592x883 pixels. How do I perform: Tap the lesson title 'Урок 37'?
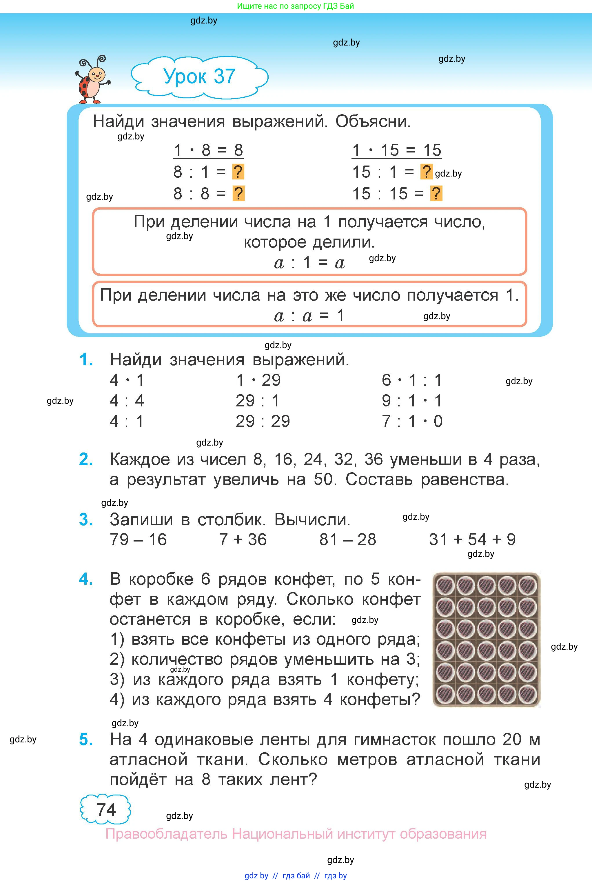click(199, 77)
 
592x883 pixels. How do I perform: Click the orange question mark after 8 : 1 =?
click(238, 172)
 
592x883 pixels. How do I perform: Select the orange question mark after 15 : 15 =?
click(436, 194)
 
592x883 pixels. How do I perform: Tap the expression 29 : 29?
click(263, 421)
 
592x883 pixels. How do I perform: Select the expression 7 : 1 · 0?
click(412, 421)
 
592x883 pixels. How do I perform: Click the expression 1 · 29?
click(258, 380)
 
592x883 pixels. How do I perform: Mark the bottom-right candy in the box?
click(527, 694)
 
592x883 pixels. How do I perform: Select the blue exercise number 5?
click(86, 740)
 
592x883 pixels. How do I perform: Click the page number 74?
click(106, 810)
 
